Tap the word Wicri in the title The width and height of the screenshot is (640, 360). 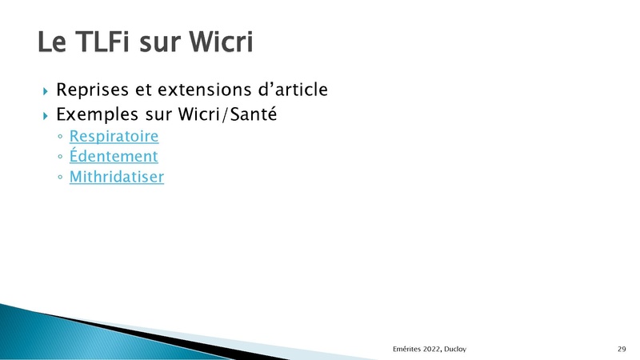click(221, 42)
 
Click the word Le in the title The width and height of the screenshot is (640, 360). click(52, 42)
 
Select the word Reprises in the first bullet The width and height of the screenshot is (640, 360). click(92, 90)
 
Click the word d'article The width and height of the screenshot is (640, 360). click(293, 90)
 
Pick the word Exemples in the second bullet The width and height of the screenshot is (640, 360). click(97, 114)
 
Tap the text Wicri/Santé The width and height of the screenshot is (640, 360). click(228, 114)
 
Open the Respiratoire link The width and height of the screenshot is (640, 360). click(114, 136)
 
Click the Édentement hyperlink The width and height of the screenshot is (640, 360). click(114, 155)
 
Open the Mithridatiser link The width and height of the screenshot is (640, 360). click(117, 177)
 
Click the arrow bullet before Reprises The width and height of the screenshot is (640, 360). click(46, 91)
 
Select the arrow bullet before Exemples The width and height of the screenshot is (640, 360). click(46, 116)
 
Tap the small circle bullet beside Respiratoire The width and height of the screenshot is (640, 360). click(61, 136)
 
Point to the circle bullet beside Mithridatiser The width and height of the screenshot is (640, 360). click(61, 177)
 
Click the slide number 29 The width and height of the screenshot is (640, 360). click(622, 349)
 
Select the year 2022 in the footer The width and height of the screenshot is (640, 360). click(432, 349)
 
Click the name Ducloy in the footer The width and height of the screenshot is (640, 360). click(455, 349)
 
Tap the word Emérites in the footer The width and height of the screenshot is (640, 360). click(406, 349)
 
